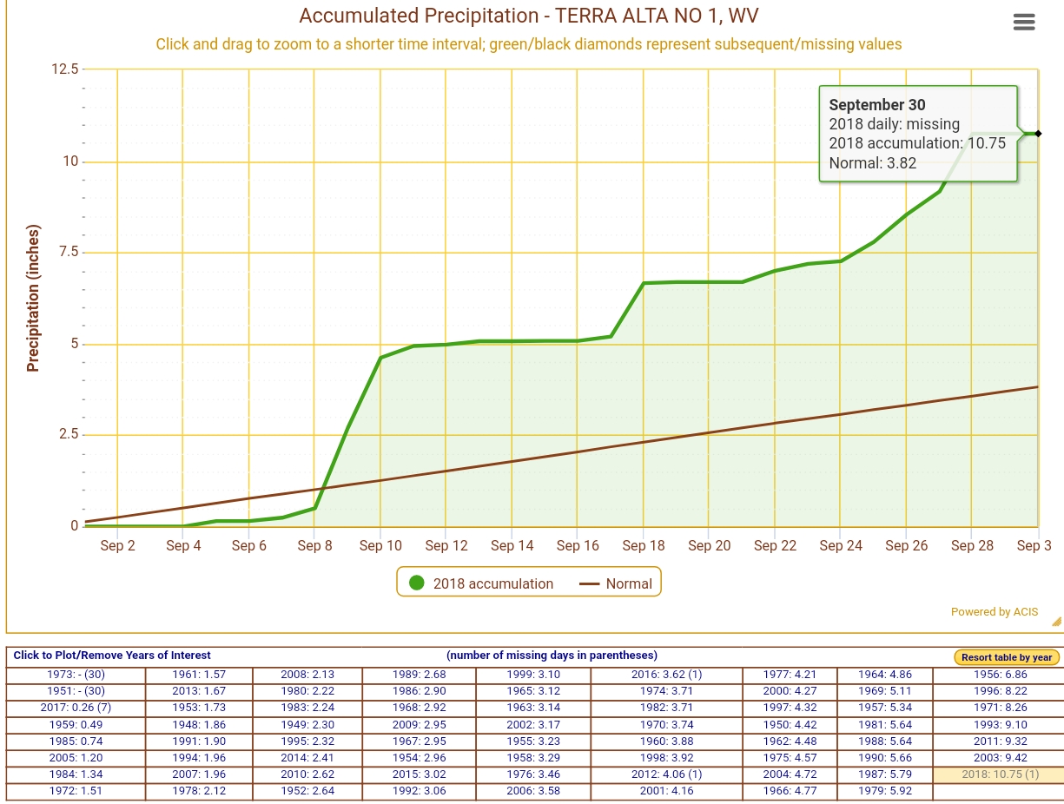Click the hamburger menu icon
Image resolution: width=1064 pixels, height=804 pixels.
tap(1024, 23)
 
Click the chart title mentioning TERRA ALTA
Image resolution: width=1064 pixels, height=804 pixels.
tap(529, 16)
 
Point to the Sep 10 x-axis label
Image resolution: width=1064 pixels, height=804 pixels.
tap(380, 545)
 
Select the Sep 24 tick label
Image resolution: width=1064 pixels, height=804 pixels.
tap(841, 545)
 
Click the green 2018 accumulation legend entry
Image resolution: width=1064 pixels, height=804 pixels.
tap(482, 583)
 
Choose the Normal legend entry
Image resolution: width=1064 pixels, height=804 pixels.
tap(616, 583)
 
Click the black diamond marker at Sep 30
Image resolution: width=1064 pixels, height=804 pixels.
tap(1038, 134)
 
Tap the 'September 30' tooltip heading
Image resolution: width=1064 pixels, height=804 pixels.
tap(877, 105)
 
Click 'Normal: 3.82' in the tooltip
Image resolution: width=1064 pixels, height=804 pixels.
tap(872, 162)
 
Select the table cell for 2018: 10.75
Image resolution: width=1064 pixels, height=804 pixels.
tap(999, 774)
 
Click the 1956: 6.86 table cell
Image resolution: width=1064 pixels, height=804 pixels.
tap(999, 675)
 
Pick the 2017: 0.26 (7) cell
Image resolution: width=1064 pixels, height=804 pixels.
tap(76, 708)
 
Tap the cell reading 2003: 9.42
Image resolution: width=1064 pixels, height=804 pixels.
tap(999, 758)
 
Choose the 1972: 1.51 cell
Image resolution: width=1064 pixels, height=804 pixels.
tap(76, 791)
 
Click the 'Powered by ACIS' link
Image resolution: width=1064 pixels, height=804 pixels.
tap(994, 612)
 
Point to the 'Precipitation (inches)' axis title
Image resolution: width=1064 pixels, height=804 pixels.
tap(34, 299)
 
